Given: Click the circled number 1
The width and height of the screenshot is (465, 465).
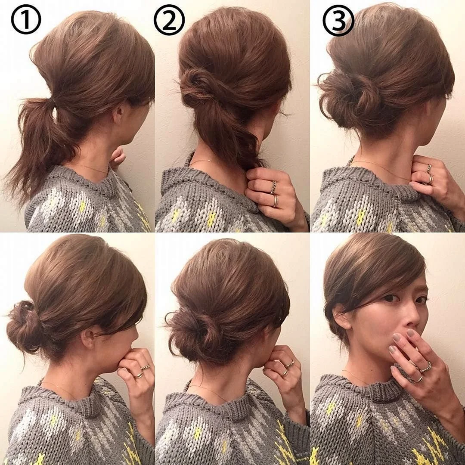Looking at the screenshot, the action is point(26,19).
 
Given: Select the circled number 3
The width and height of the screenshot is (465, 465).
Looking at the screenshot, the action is point(338,20).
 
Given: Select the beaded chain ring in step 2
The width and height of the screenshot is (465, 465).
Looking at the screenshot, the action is point(273,187).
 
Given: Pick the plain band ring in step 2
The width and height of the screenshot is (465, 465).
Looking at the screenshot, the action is point(276,201).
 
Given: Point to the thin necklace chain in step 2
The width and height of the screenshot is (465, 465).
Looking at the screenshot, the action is point(202,161).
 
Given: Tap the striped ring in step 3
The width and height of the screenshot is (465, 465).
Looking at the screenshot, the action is point(429,168).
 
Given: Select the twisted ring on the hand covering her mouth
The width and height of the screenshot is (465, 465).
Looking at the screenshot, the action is point(425,367).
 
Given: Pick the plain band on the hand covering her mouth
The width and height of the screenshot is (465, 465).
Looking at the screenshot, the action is point(419,379).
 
